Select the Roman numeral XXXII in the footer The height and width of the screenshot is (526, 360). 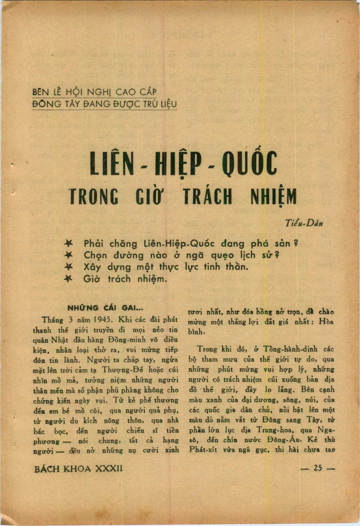pos(109,469)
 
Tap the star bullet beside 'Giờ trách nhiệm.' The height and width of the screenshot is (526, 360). pos(69,279)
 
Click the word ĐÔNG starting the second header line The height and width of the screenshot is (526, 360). pos(47,104)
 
